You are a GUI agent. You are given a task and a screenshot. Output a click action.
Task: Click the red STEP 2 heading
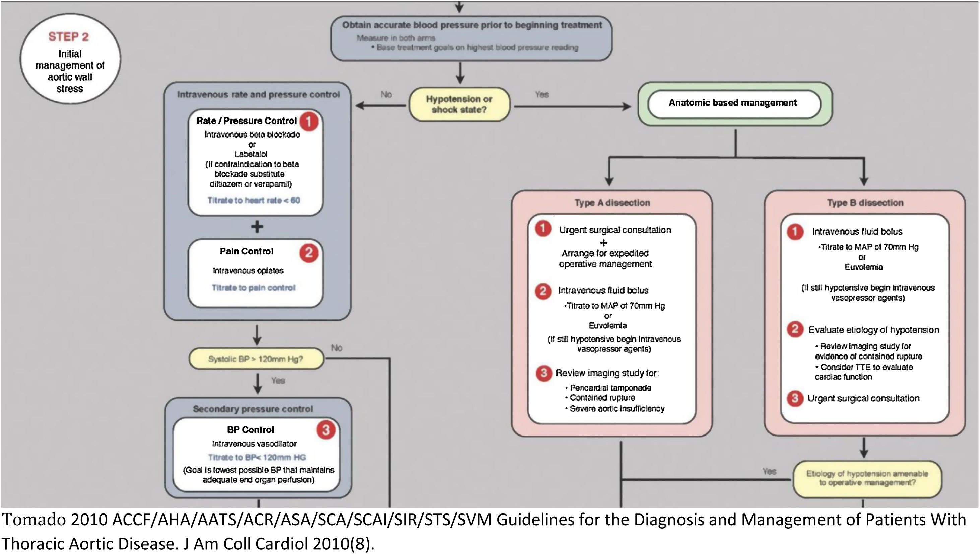(69, 36)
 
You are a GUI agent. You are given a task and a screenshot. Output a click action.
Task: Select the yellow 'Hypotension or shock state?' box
(459, 104)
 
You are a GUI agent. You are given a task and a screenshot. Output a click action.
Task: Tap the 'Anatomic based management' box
(733, 103)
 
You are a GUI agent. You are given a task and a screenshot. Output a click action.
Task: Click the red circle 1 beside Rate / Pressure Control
(308, 122)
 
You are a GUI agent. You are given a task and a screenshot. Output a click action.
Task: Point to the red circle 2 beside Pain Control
(308, 253)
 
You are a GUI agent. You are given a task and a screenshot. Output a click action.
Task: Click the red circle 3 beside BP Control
(326, 430)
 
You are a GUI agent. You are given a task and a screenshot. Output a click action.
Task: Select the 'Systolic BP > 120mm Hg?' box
(256, 359)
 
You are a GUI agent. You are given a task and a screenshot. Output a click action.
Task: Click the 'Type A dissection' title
(612, 203)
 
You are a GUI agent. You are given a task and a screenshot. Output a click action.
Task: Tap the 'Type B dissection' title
(865, 203)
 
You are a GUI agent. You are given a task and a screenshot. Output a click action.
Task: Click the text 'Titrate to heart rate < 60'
(254, 200)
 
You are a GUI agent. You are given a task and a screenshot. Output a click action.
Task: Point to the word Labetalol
(251, 154)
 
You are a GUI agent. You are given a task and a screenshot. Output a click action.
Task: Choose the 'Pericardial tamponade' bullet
(610, 388)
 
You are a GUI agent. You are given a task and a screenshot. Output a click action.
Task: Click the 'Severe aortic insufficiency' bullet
(617, 409)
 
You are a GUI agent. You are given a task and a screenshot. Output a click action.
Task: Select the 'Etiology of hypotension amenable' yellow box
(867, 478)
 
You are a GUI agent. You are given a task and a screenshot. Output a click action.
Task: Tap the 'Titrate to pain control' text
(254, 288)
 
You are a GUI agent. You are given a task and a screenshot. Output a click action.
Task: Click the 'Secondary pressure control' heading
(253, 409)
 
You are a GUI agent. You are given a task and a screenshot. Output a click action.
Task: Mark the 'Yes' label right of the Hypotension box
(542, 94)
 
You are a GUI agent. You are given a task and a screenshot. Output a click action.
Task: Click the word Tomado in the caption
(28, 520)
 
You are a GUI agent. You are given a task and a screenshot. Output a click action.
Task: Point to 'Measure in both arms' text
(396, 38)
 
